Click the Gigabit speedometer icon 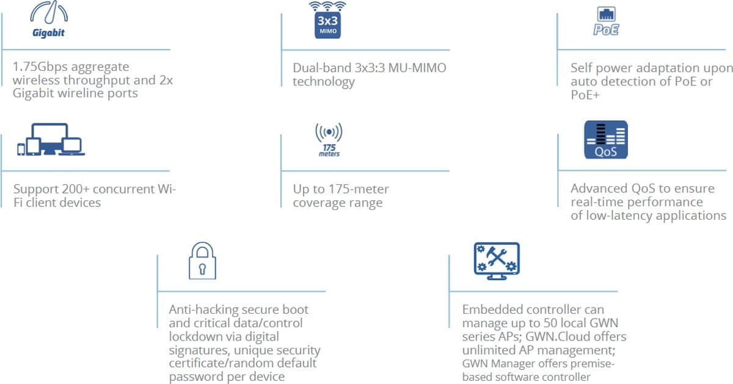(x=48, y=20)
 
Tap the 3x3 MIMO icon (x=327, y=21)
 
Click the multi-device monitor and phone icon (x=49, y=140)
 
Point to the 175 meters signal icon (x=329, y=140)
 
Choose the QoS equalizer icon (x=605, y=140)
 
